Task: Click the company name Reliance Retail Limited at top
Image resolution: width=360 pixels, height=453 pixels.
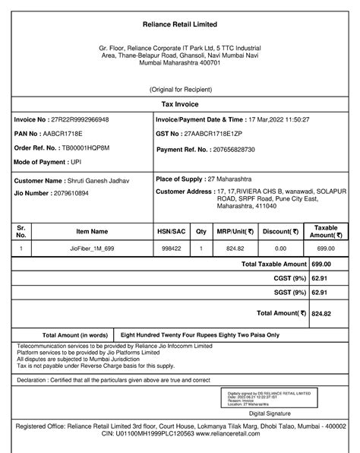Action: [x=179, y=26]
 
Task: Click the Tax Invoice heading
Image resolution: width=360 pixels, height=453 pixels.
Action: [x=179, y=103]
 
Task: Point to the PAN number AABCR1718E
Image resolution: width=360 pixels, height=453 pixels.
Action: [x=69, y=135]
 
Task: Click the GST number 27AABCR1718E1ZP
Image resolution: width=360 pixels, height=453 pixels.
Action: [x=222, y=135]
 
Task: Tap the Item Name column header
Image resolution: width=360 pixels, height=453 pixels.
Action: [x=92, y=232]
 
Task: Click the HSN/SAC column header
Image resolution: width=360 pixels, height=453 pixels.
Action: [x=171, y=232]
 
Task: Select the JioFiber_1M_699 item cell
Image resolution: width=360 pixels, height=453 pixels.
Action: [x=92, y=249]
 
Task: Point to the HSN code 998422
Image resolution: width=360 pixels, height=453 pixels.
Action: [x=171, y=249]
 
